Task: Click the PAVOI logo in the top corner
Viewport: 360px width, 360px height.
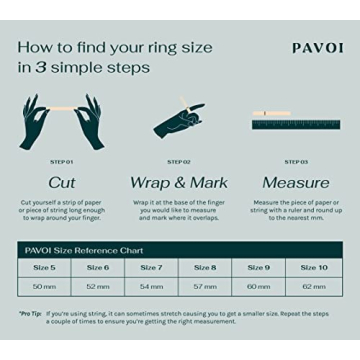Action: [x=317, y=48]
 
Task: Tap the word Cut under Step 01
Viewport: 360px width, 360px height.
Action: [x=62, y=182]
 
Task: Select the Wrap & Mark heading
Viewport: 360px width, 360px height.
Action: [x=179, y=182]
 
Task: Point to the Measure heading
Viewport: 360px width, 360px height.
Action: [x=296, y=182]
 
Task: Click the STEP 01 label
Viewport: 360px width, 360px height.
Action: [x=62, y=161]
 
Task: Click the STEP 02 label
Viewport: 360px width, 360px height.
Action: [x=179, y=161]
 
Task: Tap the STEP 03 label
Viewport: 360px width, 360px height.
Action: [x=296, y=161]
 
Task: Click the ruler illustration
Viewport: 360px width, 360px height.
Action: [x=296, y=125]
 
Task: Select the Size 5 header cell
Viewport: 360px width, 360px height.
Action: [x=44, y=268]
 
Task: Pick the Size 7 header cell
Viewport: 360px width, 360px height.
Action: [x=152, y=268]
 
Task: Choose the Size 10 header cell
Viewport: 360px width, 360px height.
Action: [x=314, y=268]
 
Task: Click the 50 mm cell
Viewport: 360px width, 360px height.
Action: [x=44, y=286]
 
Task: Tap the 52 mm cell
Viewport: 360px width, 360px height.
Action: [x=98, y=286]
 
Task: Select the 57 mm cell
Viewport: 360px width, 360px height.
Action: [x=205, y=286]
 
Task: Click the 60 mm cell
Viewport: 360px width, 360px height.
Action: [x=259, y=286]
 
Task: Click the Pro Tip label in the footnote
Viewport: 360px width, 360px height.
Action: [x=30, y=313]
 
